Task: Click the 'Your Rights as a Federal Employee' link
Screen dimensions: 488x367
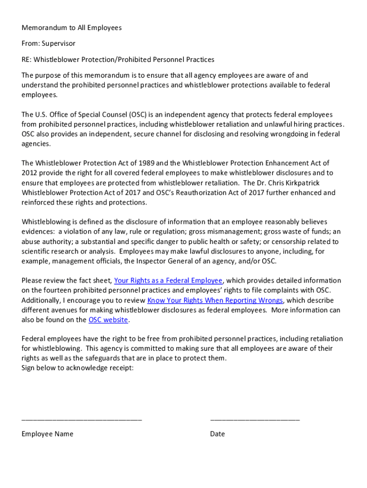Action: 168,281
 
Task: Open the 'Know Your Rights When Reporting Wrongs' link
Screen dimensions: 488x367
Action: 215,300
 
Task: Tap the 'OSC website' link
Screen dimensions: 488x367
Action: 108,320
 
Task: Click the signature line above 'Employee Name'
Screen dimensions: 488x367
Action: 82,419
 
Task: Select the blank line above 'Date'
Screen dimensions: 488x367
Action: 255,419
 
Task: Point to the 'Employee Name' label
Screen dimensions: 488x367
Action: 47,434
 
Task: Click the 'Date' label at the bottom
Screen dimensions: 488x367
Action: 217,434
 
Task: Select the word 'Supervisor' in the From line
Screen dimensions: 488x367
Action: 59,43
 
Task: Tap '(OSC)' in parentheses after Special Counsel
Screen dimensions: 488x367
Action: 137,115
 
